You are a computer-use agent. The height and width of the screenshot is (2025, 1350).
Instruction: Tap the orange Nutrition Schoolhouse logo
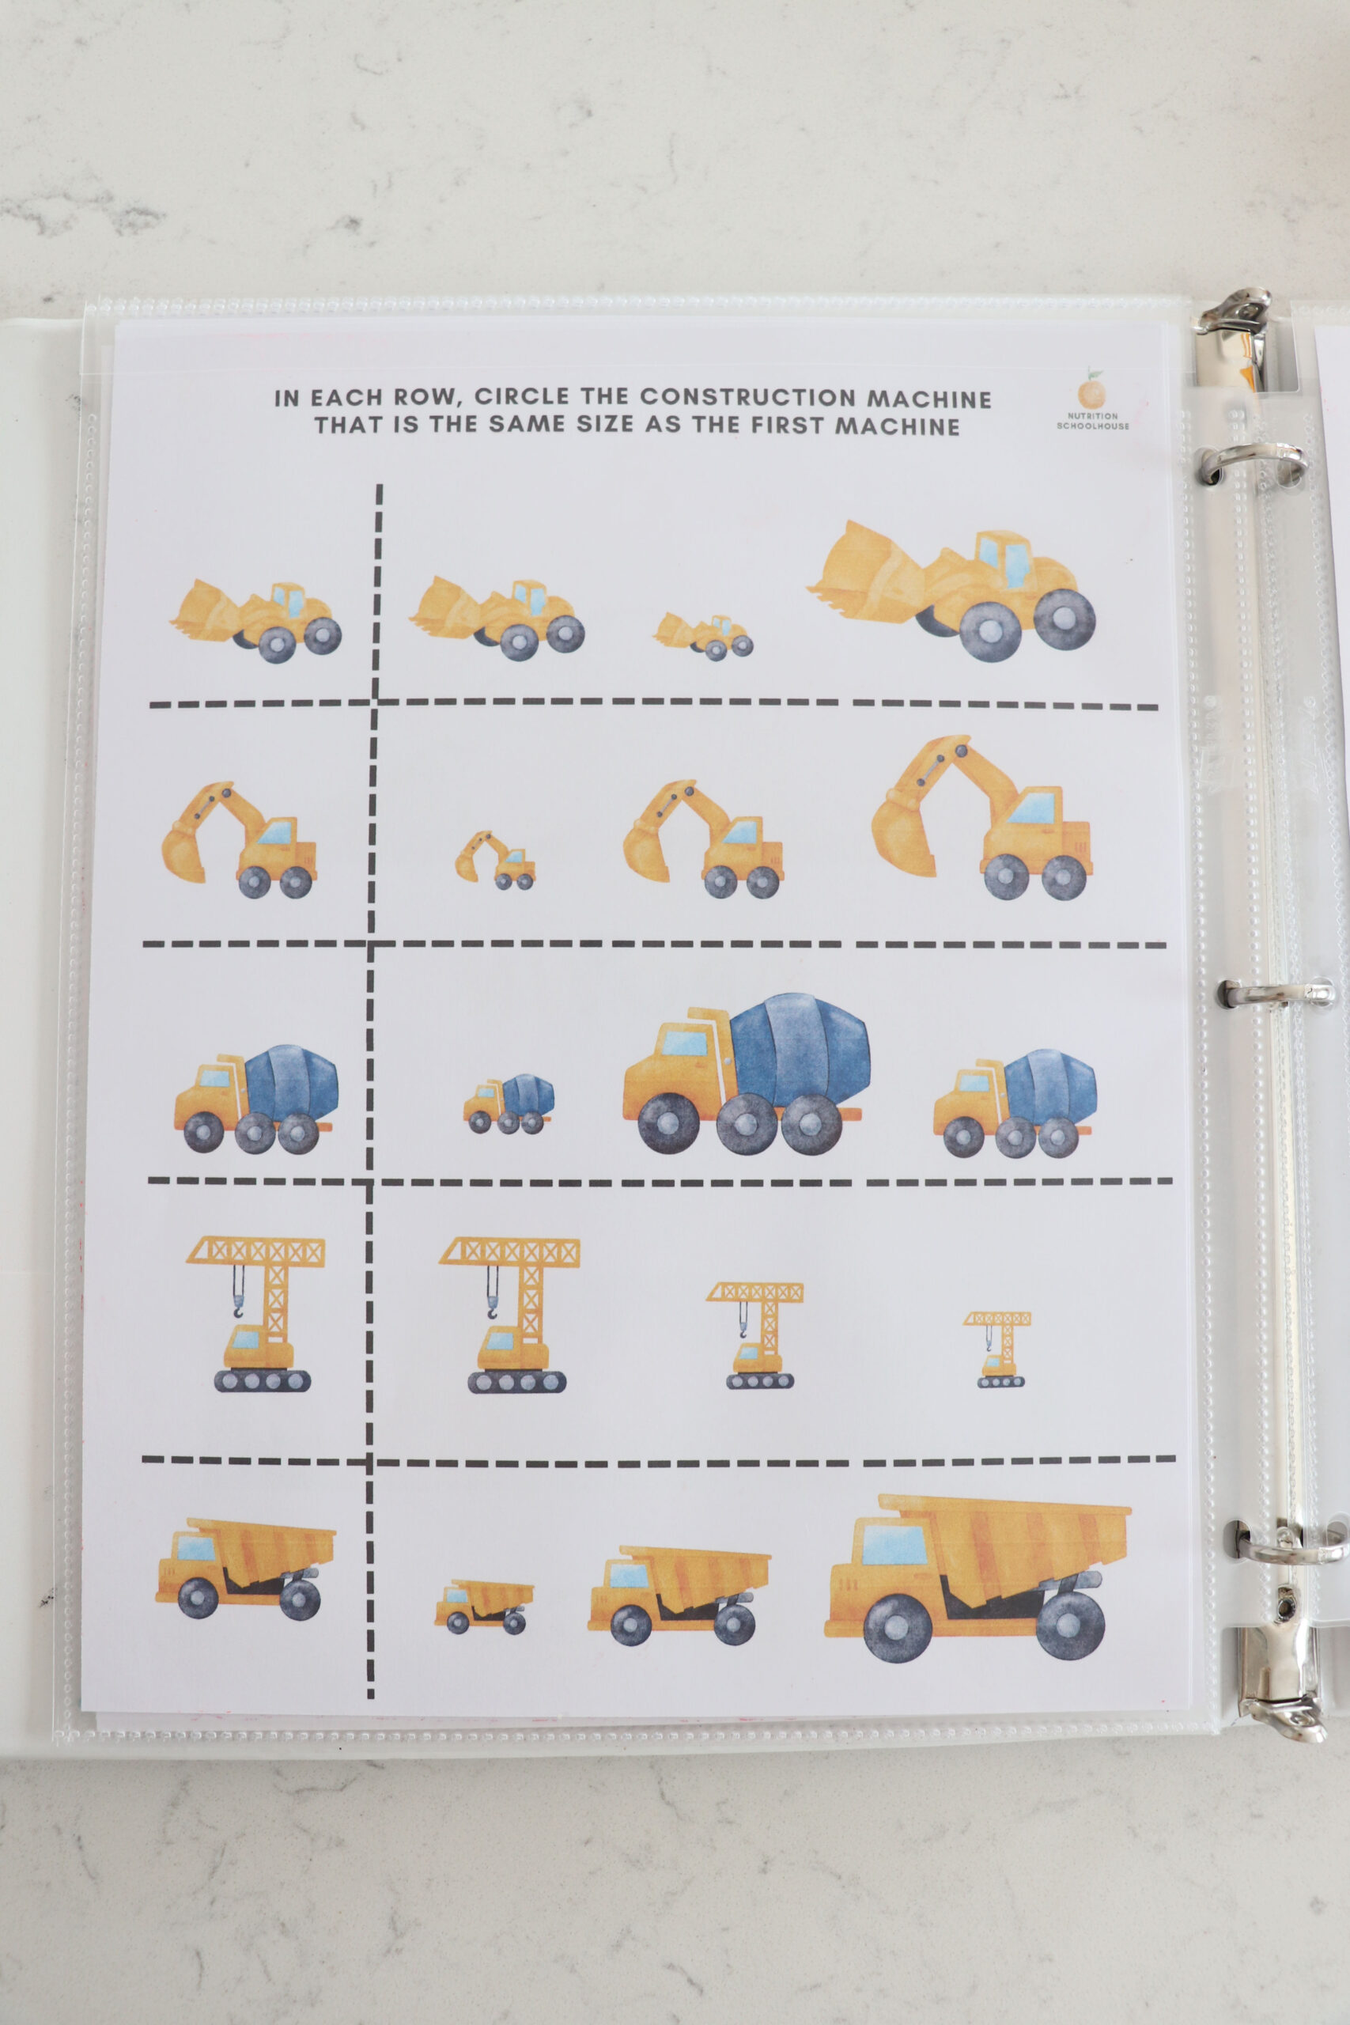pyautogui.click(x=1091, y=393)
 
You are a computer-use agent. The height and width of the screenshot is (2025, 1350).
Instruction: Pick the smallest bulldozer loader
pyautogui.click(x=703, y=635)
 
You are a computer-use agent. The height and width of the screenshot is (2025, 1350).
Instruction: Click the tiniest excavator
pyautogui.click(x=495, y=859)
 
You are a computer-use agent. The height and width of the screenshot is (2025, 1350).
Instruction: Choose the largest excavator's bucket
pyautogui.click(x=904, y=838)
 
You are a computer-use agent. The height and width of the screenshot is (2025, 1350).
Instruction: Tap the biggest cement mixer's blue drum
pyautogui.click(x=800, y=1048)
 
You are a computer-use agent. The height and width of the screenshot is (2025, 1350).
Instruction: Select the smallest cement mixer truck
pyautogui.click(x=509, y=1103)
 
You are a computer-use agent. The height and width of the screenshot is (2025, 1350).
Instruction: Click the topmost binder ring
pyautogui.click(x=1233, y=320)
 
